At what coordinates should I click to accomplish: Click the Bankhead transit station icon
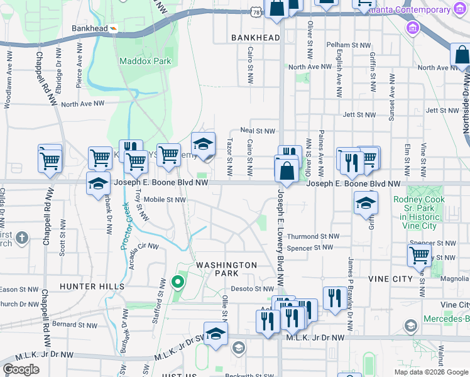point(114,28)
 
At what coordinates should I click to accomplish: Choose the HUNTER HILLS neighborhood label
point(92,286)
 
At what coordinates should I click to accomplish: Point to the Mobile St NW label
point(165,200)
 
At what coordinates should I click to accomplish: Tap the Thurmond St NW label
point(313,237)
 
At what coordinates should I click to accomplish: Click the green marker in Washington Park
point(178,281)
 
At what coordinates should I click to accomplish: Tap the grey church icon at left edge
point(22,238)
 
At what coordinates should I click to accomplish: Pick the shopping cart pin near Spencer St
point(419,255)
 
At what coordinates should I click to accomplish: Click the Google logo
point(21,369)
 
